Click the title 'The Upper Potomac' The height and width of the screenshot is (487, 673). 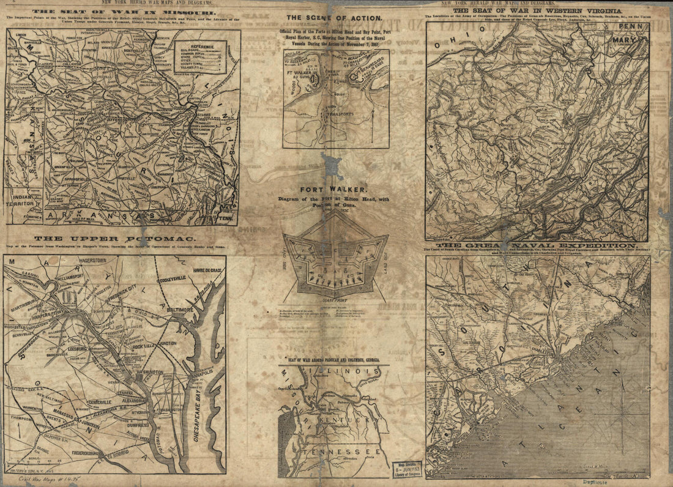[114, 238]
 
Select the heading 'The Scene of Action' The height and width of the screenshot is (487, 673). [334, 18]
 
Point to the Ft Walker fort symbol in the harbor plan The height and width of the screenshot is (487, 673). [316, 80]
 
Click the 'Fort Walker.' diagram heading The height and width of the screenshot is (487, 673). [333, 190]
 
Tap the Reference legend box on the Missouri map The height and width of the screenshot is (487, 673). [200, 57]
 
